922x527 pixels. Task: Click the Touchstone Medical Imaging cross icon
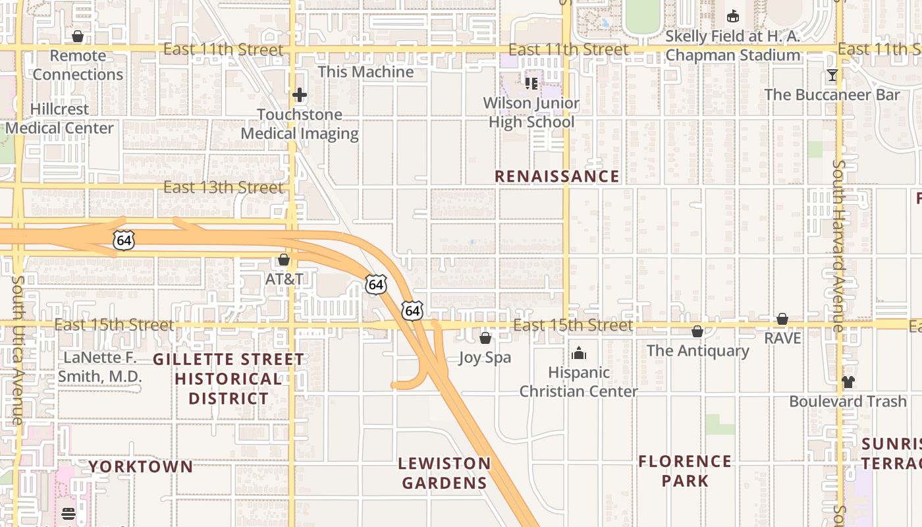(x=300, y=95)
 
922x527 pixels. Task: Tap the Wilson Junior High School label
(x=531, y=113)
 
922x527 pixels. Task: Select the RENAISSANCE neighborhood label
(x=556, y=177)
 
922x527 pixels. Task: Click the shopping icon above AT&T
(x=284, y=260)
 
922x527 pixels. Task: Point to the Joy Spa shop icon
(x=485, y=339)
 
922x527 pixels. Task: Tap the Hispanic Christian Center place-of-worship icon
(x=579, y=354)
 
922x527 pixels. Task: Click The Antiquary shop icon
(x=697, y=331)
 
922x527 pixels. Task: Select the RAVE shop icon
(x=782, y=319)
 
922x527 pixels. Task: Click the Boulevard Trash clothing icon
(x=848, y=382)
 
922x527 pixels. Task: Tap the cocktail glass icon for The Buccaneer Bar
(x=832, y=75)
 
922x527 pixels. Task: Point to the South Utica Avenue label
(x=17, y=349)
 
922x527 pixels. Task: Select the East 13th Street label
(x=223, y=187)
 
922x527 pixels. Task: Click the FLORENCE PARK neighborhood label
(x=685, y=470)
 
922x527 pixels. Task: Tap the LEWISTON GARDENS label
(x=445, y=473)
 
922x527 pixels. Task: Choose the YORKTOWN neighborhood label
(x=141, y=467)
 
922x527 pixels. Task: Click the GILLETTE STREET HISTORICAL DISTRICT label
(x=229, y=379)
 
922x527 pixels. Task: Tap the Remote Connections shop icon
(x=78, y=36)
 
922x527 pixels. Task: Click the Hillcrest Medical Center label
(x=59, y=119)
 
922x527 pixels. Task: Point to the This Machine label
(x=366, y=72)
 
